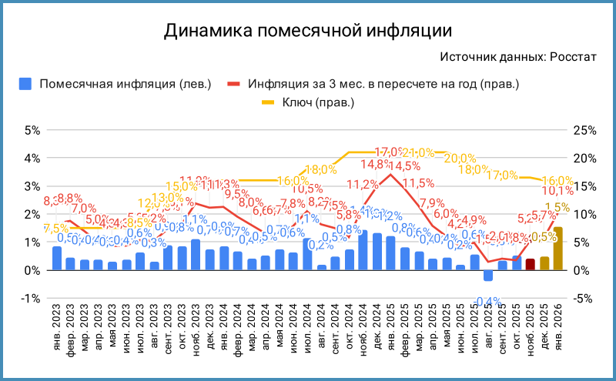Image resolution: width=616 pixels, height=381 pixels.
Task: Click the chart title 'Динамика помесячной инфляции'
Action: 307,32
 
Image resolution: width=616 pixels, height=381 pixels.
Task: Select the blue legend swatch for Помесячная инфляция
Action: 26,83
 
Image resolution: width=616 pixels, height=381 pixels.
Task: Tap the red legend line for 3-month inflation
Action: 234,83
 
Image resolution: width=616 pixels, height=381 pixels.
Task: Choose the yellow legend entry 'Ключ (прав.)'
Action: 309,102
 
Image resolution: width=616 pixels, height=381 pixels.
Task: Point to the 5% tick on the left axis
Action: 31,130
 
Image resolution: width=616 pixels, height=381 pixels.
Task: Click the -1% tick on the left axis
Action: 29,299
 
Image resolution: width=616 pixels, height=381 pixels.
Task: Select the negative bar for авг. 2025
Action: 488,276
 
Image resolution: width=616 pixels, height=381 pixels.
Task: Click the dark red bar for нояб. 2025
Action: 530,264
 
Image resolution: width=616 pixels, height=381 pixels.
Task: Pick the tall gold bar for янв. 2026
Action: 558,249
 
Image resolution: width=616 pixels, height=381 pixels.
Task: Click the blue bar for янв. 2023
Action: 57,258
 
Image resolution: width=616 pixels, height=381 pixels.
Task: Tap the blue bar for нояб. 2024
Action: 363,250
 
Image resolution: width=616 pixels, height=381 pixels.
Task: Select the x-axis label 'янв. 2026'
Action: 558,326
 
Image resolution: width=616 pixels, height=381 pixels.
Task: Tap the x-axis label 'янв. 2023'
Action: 57,326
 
